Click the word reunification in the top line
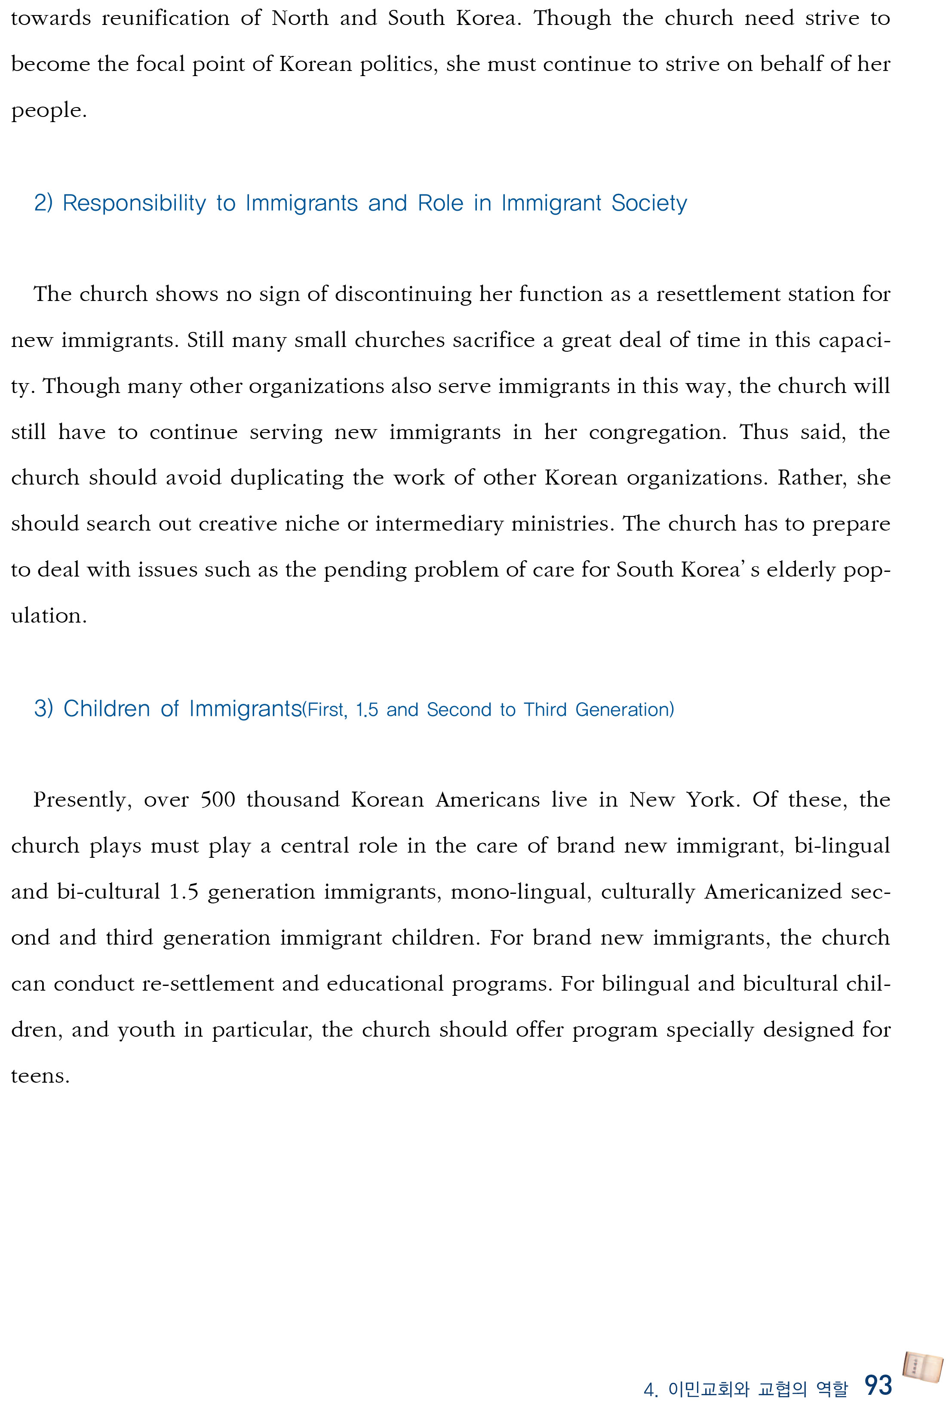point(165,18)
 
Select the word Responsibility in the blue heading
point(134,203)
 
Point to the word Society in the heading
point(649,203)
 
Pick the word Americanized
point(773,892)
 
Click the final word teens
point(40,1076)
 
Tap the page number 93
point(878,1385)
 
